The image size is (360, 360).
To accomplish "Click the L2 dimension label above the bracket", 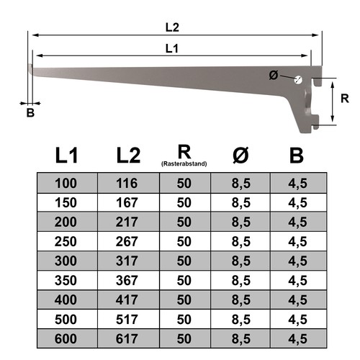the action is click(x=172, y=27).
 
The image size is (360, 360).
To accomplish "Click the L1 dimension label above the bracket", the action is click(x=172, y=49).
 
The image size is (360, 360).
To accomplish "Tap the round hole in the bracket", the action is click(x=298, y=80).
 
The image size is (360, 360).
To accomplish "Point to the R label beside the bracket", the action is click(x=345, y=99).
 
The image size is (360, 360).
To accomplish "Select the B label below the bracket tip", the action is click(x=30, y=112).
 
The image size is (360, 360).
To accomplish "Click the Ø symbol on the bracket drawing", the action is click(x=274, y=75).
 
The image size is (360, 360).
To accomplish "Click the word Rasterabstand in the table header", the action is click(x=184, y=164).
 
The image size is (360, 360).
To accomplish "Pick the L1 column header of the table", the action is click(x=66, y=156).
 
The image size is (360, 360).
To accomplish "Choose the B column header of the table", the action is click(x=297, y=156).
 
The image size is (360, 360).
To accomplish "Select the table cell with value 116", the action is click(x=128, y=183).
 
